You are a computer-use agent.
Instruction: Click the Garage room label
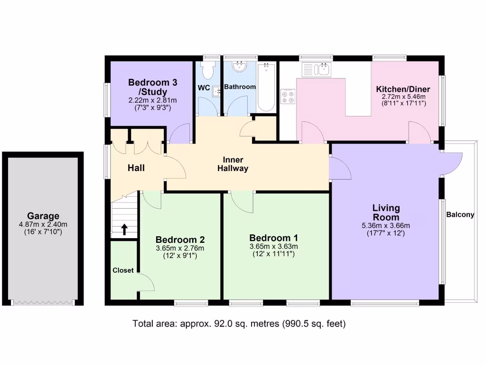[x=43, y=216]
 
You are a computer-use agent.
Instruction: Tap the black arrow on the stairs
[x=124, y=230]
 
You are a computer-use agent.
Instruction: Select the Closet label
[x=123, y=270]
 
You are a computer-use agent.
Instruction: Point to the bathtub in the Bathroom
[x=266, y=87]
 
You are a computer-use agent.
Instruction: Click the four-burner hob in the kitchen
[x=288, y=96]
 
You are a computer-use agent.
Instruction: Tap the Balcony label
[x=460, y=215]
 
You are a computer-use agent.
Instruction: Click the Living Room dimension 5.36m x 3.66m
[x=386, y=226]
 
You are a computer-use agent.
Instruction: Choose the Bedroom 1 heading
[x=274, y=238]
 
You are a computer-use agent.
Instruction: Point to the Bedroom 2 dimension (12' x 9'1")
[x=180, y=256]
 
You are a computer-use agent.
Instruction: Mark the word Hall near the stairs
[x=136, y=168]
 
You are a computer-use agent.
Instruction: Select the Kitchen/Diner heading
[x=403, y=89]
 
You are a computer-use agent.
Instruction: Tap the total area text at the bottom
[x=239, y=324]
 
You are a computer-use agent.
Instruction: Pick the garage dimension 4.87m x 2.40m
[x=43, y=224]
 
